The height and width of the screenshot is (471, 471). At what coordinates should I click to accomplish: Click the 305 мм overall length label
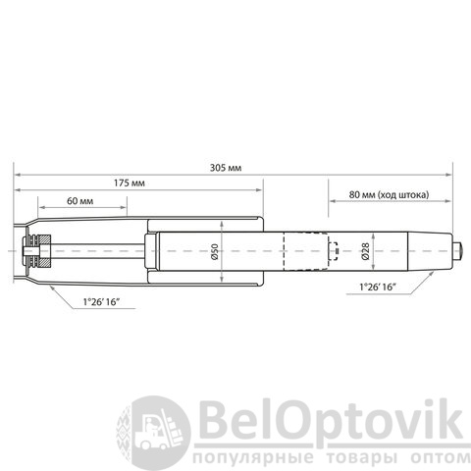tap(226, 168)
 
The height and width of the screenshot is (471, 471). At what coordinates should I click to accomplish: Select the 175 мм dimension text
tap(130, 183)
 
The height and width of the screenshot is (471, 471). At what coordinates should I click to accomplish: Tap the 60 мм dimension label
tap(79, 201)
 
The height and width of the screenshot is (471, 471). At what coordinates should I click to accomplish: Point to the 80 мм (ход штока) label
tap(389, 195)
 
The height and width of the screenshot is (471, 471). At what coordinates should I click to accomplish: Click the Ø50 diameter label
tap(215, 251)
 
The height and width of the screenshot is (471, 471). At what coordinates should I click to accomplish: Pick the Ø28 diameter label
tap(366, 251)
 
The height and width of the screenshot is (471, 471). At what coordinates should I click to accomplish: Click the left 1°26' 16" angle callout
tap(100, 302)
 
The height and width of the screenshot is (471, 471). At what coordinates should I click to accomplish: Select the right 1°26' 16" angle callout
tap(378, 288)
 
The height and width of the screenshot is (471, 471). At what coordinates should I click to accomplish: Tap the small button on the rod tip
tap(458, 251)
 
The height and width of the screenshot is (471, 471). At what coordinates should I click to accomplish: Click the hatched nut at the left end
tap(44, 251)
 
